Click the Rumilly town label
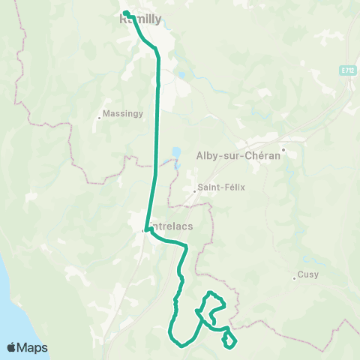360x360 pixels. tap(141, 21)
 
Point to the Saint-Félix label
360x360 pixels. tap(217, 187)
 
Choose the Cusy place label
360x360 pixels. tap(307, 274)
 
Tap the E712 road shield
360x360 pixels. tap(346, 70)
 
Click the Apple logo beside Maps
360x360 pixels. tap(12, 347)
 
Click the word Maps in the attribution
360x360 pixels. tap(34, 348)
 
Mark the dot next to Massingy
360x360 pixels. tap(99, 116)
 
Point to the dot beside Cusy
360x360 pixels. tap(294, 280)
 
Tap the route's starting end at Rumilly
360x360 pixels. tap(125, 13)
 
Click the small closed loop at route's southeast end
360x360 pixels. tap(229, 340)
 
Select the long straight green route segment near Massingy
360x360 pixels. tap(157, 135)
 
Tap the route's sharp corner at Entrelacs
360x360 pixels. tap(145, 231)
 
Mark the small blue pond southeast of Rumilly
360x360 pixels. tap(182, 75)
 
